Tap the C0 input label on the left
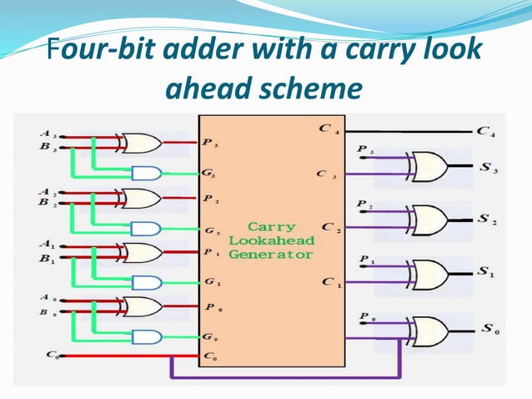pos(50,355)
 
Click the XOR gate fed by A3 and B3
pos(142,143)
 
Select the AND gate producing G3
pos(148,174)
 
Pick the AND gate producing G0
pos(148,337)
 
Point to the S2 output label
pos(486,220)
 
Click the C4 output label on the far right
pos(484,131)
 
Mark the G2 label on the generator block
pos(212,230)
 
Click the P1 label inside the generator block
pos(212,253)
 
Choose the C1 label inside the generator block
pos(329,282)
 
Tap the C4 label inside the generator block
pos(327,130)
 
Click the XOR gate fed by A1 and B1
pos(142,252)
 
